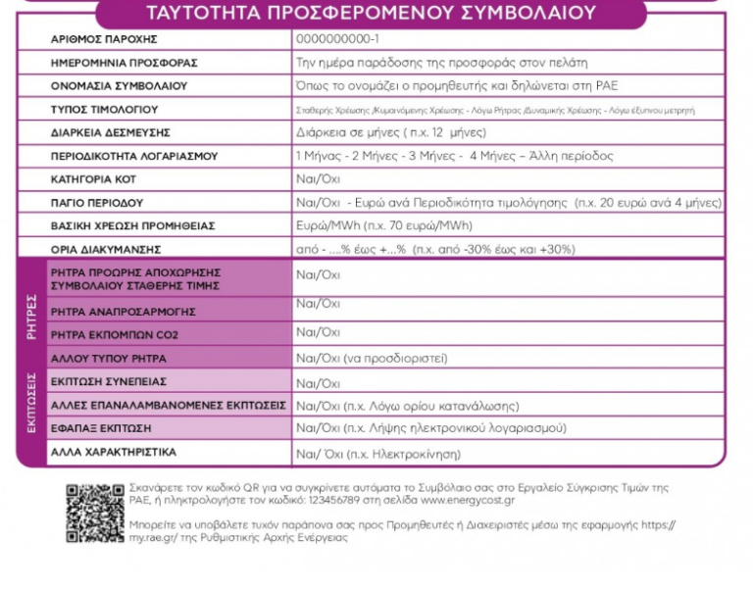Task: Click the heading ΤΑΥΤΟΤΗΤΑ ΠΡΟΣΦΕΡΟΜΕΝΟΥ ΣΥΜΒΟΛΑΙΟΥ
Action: click(370, 13)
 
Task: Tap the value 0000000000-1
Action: click(337, 40)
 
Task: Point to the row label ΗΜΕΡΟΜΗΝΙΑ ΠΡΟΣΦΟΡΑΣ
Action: click(124, 63)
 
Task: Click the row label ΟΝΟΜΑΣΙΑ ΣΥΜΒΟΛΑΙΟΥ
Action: click(119, 86)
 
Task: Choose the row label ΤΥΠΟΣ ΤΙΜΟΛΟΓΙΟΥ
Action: click(104, 110)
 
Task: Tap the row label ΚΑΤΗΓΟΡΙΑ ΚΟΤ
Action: click(95, 179)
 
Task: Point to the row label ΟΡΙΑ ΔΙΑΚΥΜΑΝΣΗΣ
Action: click(105, 249)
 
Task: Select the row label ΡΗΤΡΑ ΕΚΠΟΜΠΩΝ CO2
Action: click(114, 334)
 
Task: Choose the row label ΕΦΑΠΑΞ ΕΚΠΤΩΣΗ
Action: click(101, 429)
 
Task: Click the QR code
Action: click(95, 513)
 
